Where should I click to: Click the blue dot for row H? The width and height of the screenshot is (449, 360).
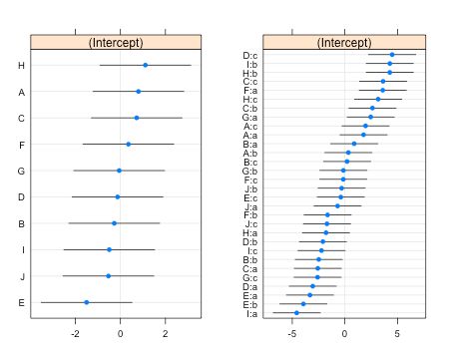coord(145,65)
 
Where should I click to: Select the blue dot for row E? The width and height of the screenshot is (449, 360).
coord(87,301)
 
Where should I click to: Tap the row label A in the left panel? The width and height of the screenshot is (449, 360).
coord(22,92)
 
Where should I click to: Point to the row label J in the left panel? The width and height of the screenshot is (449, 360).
coord(22,275)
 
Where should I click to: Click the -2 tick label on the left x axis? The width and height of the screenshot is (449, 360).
coord(75,334)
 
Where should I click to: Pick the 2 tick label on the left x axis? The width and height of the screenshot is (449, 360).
coord(166,334)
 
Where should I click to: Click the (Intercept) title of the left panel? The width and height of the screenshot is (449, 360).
coord(116,42)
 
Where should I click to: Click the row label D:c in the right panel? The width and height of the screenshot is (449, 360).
coord(249,55)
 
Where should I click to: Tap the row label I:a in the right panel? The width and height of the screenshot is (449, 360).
coord(250,313)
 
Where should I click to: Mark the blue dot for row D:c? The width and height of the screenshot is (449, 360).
coord(392,55)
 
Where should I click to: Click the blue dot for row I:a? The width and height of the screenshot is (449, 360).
coord(296,313)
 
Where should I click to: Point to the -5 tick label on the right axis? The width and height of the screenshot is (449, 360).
coord(292,334)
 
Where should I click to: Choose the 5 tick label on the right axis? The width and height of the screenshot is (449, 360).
coord(397,334)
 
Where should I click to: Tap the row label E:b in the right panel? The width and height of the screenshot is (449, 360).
coord(249,304)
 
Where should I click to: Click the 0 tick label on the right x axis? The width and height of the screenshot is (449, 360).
coord(345,334)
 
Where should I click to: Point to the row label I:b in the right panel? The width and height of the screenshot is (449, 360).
coord(250,64)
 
